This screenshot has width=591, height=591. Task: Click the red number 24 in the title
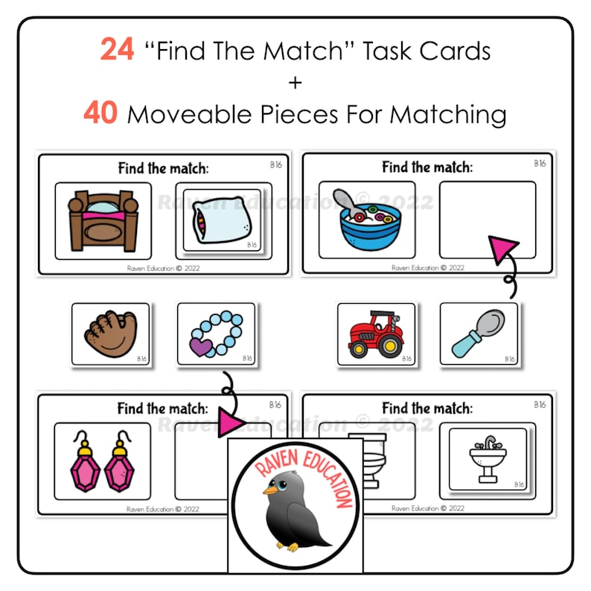(x=118, y=50)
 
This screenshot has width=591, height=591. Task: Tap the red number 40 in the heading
(x=101, y=114)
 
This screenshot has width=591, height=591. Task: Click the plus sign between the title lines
(x=295, y=82)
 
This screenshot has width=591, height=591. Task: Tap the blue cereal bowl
(x=368, y=223)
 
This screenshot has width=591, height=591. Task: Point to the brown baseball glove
(x=107, y=334)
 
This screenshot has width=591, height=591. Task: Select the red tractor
(x=376, y=334)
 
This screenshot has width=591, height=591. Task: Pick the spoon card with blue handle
(x=478, y=333)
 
